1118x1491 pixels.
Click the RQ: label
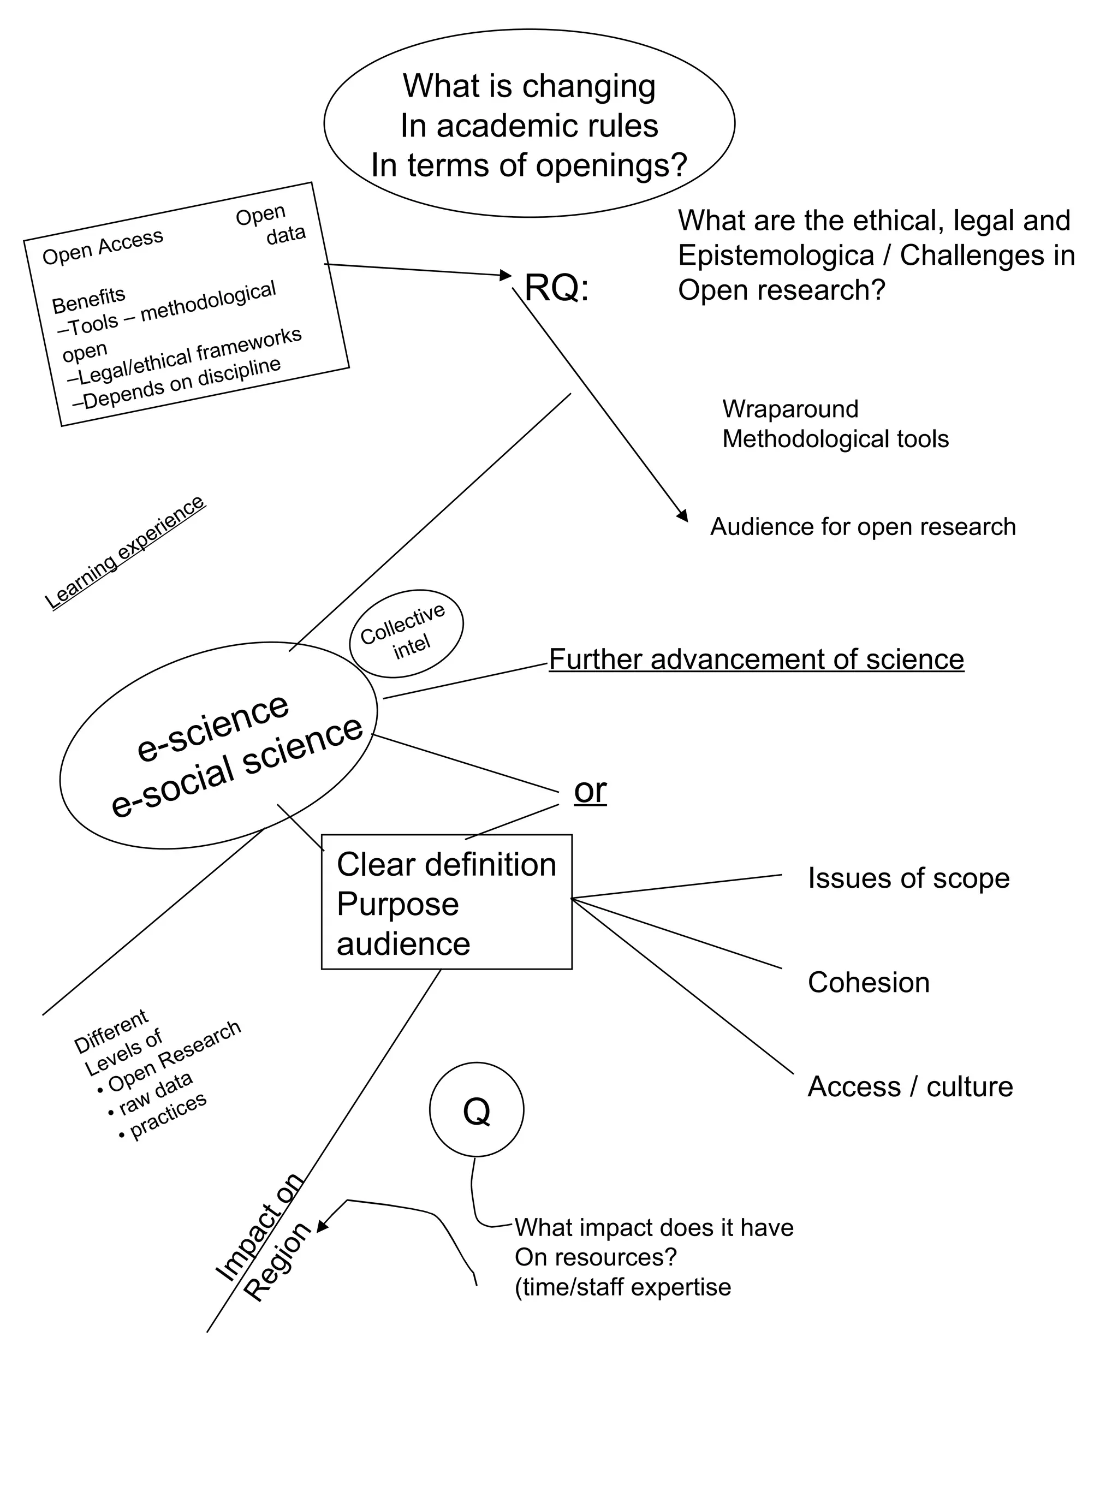click(556, 288)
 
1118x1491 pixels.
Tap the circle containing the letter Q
click(477, 1109)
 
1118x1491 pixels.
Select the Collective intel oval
click(406, 634)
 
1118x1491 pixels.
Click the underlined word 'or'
click(590, 790)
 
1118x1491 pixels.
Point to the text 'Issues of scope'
click(908, 878)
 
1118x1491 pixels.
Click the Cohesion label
click(868, 983)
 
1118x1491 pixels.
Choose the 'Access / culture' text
click(910, 1086)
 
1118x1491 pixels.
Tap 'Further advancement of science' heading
click(756, 659)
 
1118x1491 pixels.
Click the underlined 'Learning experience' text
click(124, 553)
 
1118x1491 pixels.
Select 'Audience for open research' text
click(863, 526)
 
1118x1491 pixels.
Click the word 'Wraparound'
click(790, 409)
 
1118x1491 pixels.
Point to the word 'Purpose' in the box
click(397, 904)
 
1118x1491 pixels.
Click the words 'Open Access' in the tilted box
click(103, 247)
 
